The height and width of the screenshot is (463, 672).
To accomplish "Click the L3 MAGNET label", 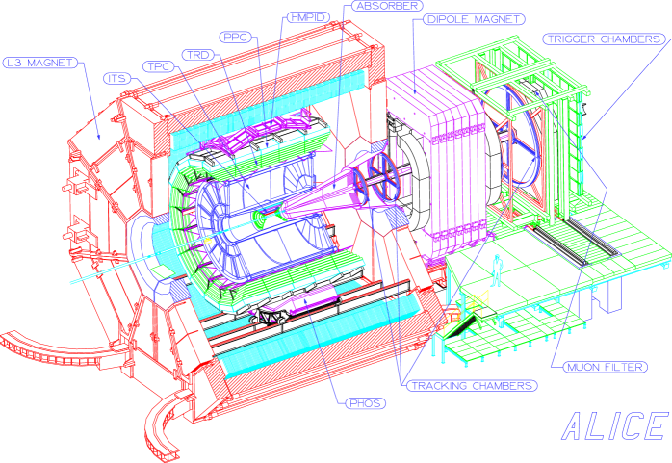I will tap(38, 64).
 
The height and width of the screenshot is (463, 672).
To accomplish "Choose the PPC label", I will tap(235, 37).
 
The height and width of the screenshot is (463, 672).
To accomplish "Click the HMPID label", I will tap(305, 17).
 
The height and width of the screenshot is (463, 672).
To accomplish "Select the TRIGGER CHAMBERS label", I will tap(604, 39).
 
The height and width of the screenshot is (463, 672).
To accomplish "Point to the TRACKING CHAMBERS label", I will tap(471, 385).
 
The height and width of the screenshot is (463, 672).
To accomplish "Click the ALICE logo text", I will tap(613, 425).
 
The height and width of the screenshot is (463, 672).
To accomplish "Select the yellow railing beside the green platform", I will tap(472, 306).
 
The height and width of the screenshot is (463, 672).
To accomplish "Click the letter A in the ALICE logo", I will tap(576, 425).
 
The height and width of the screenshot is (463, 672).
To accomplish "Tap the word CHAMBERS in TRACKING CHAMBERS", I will tap(499, 385).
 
